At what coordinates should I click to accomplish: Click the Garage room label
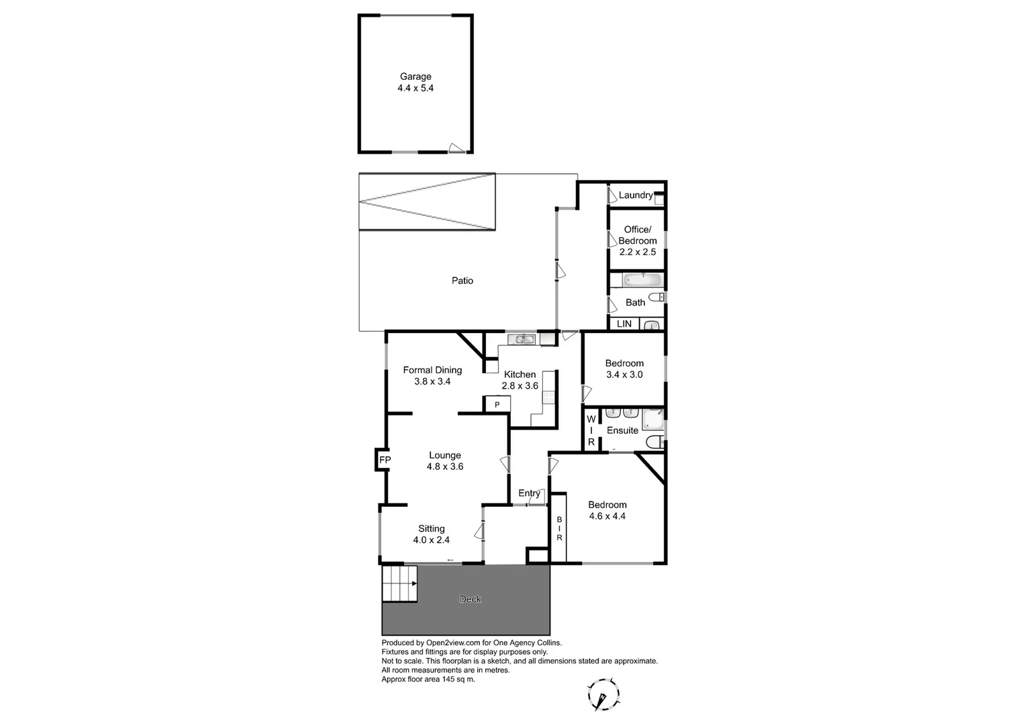pyautogui.click(x=416, y=77)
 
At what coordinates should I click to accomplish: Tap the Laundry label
pyautogui.click(x=635, y=195)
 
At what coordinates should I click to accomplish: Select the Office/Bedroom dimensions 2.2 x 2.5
pyautogui.click(x=637, y=252)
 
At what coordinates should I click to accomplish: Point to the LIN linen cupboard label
pyautogui.click(x=624, y=324)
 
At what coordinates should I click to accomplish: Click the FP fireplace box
pyautogui.click(x=385, y=460)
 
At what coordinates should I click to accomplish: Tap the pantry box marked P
pyautogui.click(x=497, y=404)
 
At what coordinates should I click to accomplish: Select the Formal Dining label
pyautogui.click(x=432, y=370)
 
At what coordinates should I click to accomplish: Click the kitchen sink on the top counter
pyautogui.click(x=521, y=339)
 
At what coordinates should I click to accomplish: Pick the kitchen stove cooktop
pyautogui.click(x=549, y=397)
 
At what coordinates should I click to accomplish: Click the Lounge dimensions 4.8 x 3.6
pyautogui.click(x=445, y=467)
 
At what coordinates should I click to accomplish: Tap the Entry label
pyautogui.click(x=529, y=493)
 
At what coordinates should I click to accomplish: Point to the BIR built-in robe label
pyautogui.click(x=558, y=528)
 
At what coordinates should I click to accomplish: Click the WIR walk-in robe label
pyautogui.click(x=591, y=430)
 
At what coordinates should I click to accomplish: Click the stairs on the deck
pyautogui.click(x=399, y=583)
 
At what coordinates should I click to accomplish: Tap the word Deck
pyautogui.click(x=470, y=599)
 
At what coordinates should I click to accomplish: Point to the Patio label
pyautogui.click(x=462, y=281)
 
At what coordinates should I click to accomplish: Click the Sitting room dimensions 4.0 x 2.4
pyautogui.click(x=431, y=540)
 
